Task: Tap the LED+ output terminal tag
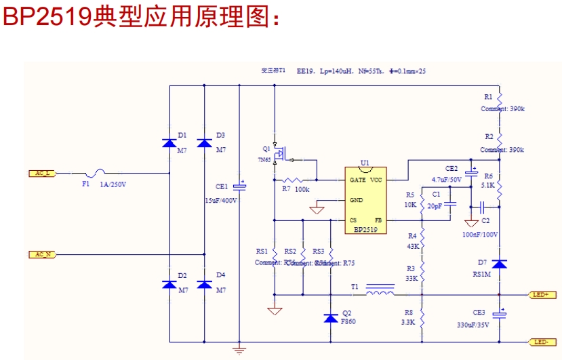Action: click(x=542, y=295)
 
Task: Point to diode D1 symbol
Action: click(x=169, y=143)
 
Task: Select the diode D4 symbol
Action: click(x=204, y=284)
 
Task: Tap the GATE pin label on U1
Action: click(x=357, y=180)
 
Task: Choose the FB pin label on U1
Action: click(x=378, y=221)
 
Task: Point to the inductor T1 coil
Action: click(x=380, y=293)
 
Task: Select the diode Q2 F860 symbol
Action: click(x=331, y=317)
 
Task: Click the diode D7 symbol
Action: click(x=499, y=263)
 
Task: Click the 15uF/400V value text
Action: click(x=221, y=201)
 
